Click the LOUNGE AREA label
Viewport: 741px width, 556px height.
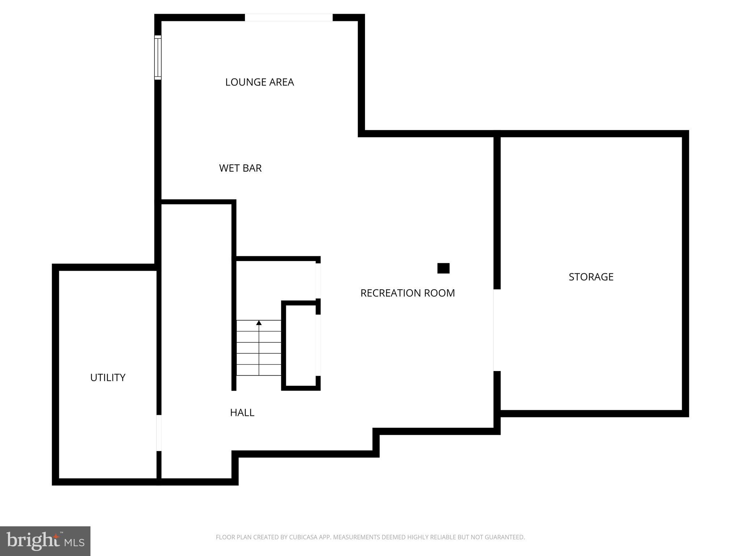259,82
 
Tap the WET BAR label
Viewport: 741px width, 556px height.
240,168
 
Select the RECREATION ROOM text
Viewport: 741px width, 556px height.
407,293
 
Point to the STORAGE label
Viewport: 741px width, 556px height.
591,277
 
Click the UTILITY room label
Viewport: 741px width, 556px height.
107,378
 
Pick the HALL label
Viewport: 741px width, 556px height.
242,413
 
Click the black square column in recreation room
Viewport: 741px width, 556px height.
443,268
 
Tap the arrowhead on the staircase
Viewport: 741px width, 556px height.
259,323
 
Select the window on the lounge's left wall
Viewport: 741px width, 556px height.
158,58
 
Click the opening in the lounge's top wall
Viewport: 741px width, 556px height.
289,17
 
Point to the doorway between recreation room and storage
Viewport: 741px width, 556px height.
497,330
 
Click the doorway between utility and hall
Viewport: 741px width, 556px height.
159,433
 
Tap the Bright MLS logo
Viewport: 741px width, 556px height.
45,541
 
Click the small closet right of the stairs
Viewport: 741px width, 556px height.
301,346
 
